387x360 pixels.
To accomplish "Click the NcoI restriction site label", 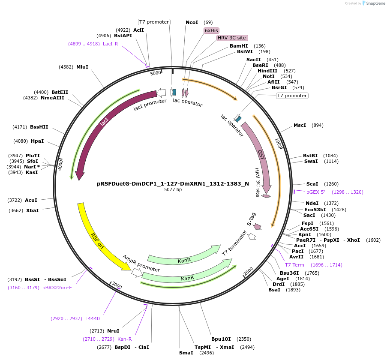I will coord(192,22).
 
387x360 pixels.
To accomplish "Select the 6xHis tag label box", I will coord(211,30).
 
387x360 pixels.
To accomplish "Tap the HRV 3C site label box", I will coord(232,38).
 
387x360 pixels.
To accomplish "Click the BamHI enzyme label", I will coord(239,46).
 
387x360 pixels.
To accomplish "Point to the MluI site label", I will coord(82,67).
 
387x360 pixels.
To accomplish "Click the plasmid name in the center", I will coord(173,183).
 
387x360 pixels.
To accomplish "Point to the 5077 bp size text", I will coord(173,189).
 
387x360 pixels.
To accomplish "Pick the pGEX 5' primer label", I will coord(316,192).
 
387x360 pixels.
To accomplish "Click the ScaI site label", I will coord(312,184).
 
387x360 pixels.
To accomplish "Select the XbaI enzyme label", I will coord(32,210).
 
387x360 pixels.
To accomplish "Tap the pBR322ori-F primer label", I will coord(57,288).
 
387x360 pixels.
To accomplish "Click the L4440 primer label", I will coord(93,318).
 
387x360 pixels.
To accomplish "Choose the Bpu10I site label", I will coord(221,339).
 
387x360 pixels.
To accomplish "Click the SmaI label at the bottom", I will coord(186,353).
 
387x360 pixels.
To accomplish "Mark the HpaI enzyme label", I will coord(37,141).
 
